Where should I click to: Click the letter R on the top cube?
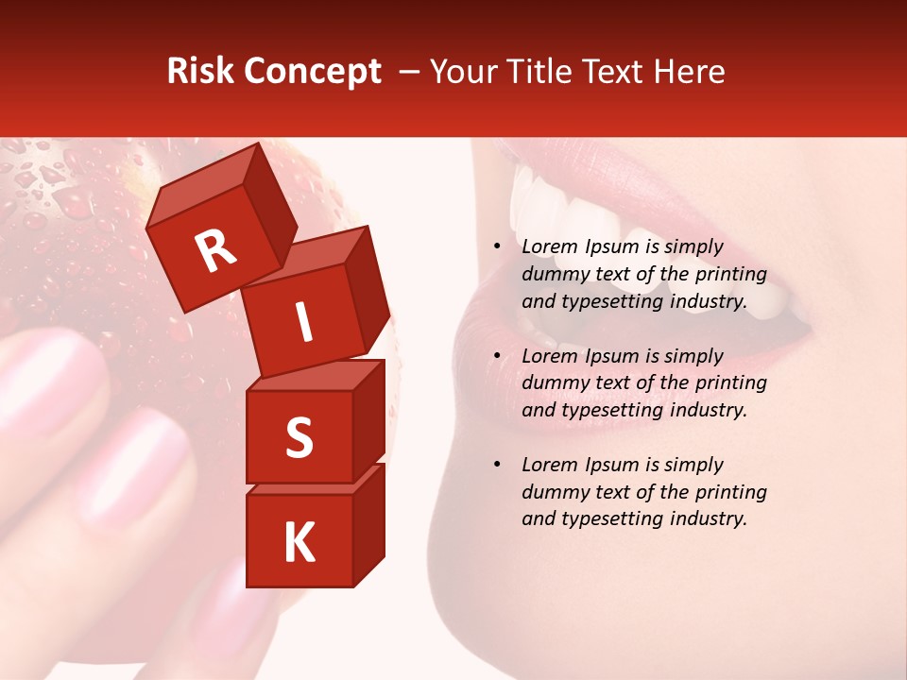coord(215,251)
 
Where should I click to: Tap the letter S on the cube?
coord(299,437)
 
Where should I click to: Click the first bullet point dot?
coord(497,247)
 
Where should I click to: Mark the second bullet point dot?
coord(497,356)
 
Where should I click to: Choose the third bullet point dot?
coord(497,465)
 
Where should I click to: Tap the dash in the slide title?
coord(410,72)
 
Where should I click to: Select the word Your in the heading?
coord(463,72)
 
